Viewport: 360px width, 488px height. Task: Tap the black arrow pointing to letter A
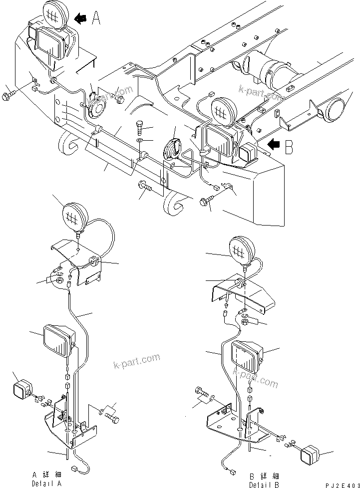[80, 18]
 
